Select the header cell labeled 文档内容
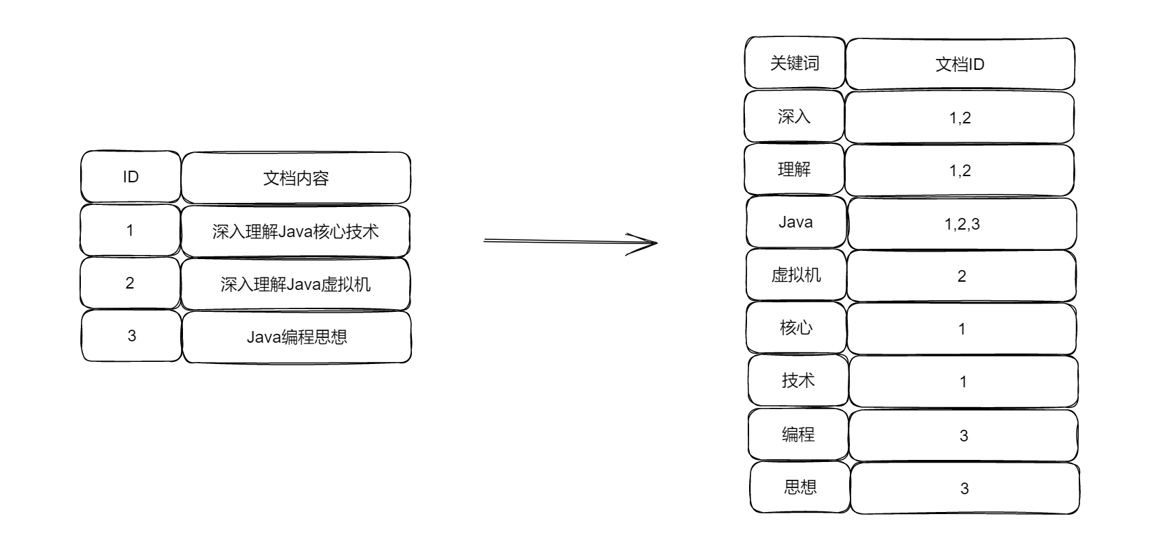pos(295,178)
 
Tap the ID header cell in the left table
pos(130,177)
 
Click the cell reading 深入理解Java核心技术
pos(295,231)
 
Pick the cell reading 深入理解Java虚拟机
pos(295,284)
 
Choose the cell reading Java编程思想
pos(296,337)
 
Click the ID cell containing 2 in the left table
pos(130,283)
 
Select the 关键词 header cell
pos(794,63)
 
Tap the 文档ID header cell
pos(960,64)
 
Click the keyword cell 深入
pos(794,117)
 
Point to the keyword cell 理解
pos(794,169)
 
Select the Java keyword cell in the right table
pos(796,222)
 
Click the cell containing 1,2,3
pos(962,224)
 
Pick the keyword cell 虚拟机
pos(796,275)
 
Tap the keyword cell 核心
pos(796,328)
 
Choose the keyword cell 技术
pos(798,380)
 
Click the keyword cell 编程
pos(798,434)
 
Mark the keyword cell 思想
pos(800,487)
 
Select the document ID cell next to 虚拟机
pos(962,276)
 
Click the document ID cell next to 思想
pos(964,489)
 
